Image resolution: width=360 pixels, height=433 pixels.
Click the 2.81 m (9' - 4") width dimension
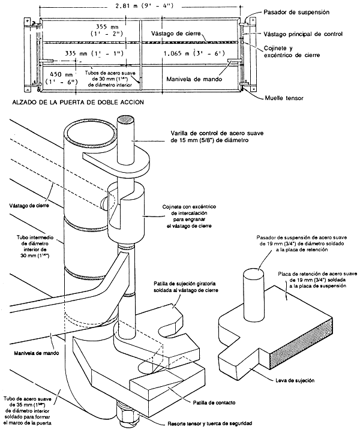coord(143,6)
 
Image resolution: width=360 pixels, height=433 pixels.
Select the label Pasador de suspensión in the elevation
coord(296,12)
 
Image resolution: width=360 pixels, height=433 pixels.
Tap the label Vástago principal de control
coord(303,34)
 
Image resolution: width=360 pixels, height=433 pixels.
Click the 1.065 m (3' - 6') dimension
coord(194,53)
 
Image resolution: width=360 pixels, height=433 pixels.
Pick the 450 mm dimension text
coord(61,74)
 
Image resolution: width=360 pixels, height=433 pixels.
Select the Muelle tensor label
coord(284,98)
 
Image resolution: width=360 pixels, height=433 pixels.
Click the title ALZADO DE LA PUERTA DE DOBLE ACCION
coord(78,102)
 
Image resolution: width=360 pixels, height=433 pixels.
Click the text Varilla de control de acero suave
coord(217,133)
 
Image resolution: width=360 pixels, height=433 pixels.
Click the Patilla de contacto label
coord(214,402)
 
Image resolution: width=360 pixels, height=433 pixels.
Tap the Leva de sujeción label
coord(295,381)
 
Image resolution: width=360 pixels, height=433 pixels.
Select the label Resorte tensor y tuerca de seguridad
coord(210,423)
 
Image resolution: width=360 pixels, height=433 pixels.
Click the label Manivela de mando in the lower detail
coord(37,353)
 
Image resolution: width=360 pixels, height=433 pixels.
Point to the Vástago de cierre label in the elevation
coord(176,34)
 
